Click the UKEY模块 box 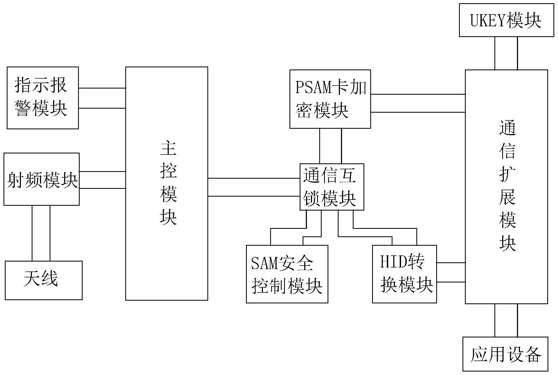[x=506, y=20]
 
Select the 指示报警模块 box [x=43, y=98]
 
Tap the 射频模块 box [x=42, y=179]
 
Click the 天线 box [x=43, y=280]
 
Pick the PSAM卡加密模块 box [x=330, y=99]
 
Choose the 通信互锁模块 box [x=332, y=187]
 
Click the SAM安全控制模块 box [x=287, y=274]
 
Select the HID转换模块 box [x=404, y=274]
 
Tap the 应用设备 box [x=505, y=354]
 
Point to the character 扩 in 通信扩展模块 [x=507, y=174]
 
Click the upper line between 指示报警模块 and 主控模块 [x=102, y=88]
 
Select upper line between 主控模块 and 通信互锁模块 [x=254, y=178]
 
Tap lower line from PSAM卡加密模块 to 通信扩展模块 [x=418, y=112]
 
